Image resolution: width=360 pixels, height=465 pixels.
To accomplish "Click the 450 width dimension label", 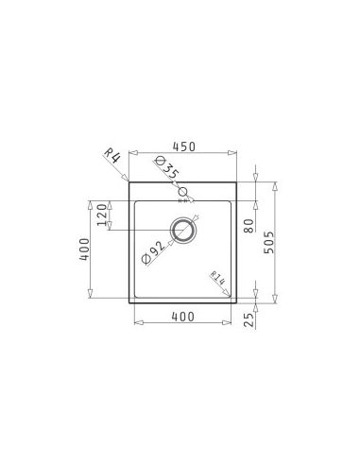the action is (x=184, y=146).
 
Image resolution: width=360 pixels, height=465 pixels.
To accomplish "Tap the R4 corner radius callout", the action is (x=112, y=156).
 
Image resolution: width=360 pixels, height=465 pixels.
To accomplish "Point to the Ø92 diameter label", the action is (x=153, y=252).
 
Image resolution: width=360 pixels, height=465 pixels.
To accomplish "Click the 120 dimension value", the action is (x=102, y=215).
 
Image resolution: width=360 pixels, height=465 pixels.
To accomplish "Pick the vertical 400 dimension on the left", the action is (x=84, y=249).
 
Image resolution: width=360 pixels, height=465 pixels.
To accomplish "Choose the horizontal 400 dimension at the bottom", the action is (x=182, y=317).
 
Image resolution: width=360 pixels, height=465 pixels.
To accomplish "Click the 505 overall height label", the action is (x=269, y=243).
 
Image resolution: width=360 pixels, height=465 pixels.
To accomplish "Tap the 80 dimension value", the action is (x=249, y=226).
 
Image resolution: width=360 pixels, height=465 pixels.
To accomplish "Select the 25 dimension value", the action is (x=249, y=319).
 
